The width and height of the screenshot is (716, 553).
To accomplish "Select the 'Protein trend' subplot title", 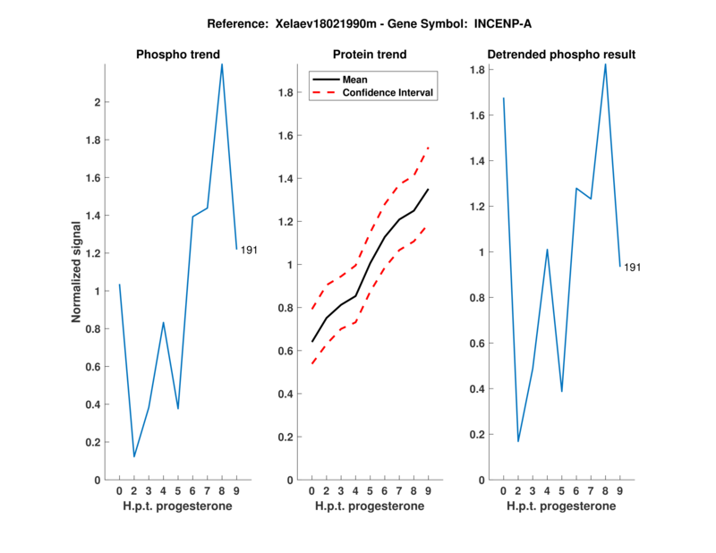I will click(x=370, y=55).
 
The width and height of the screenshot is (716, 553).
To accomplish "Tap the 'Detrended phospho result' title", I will click(x=561, y=55).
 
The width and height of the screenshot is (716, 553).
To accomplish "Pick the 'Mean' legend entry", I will click(x=354, y=79).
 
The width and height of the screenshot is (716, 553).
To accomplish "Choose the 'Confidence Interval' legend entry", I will click(x=388, y=92).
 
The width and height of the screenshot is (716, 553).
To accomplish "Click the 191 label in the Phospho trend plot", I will click(x=249, y=250).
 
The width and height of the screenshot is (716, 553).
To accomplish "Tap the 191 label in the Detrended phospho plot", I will click(x=633, y=267).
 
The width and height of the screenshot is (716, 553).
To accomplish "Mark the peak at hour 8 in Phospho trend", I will click(x=222, y=64).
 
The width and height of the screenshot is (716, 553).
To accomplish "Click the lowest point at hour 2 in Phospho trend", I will click(x=134, y=456).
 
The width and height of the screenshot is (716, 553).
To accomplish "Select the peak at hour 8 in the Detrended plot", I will click(x=606, y=64).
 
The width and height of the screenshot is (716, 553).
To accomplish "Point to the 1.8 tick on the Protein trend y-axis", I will click(x=288, y=93).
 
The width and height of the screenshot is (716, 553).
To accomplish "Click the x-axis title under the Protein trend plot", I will click(x=370, y=506).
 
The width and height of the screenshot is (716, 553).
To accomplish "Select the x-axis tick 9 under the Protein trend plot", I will click(x=429, y=490).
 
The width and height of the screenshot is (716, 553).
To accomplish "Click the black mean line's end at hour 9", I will click(x=429, y=190).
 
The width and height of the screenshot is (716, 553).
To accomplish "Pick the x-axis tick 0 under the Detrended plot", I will click(x=503, y=490).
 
